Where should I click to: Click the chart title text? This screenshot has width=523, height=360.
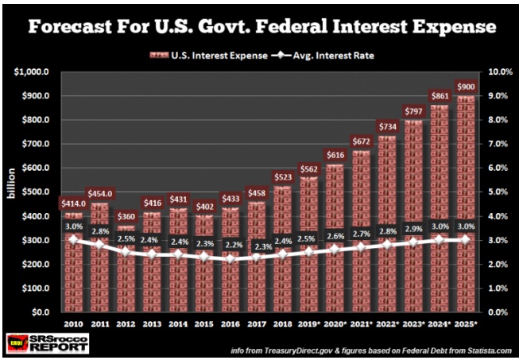(x=261, y=27)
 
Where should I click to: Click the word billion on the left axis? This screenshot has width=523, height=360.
(x=10, y=191)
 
